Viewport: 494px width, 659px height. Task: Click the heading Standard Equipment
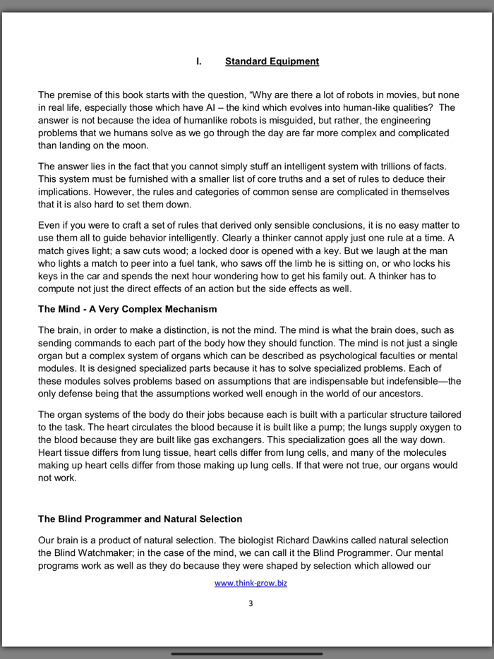272,61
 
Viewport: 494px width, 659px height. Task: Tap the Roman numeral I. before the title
199,61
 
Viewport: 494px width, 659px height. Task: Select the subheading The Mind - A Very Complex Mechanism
127,309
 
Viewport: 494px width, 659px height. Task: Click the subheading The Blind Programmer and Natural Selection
140,519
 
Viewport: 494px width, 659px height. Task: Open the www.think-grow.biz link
251,584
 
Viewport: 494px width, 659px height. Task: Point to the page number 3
251,603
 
